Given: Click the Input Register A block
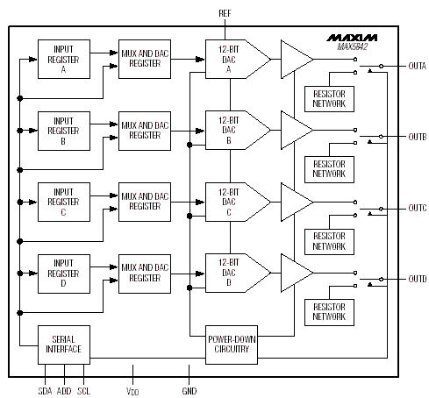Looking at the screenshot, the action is (64, 59).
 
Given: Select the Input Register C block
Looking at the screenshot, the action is (64, 202).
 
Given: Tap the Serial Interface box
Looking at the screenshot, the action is (64, 345).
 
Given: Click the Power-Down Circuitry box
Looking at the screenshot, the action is (232, 345).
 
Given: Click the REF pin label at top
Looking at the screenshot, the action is (225, 13).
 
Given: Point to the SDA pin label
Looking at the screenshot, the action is (45, 391).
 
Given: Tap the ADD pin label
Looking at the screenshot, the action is (64, 391).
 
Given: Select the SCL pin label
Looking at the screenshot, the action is (83, 391).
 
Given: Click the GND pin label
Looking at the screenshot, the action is (189, 391).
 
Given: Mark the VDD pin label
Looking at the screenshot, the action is (132, 391).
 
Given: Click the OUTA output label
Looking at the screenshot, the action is (418, 66).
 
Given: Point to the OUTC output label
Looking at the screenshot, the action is (418, 208).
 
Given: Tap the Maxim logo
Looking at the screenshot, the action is (352, 38).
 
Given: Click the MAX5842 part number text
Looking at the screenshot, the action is (353, 46).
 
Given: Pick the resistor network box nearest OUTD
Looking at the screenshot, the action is (329, 312).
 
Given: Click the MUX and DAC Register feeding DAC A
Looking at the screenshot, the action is (145, 59).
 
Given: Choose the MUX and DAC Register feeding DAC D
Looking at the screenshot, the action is (145, 274).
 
